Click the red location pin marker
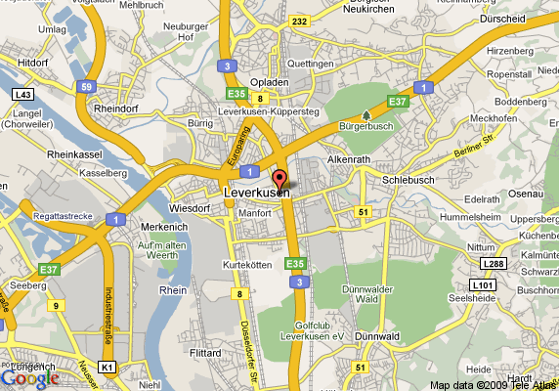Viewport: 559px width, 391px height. pos(279,179)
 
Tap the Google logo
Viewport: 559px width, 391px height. pos(29,378)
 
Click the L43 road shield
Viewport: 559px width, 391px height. pos(22,94)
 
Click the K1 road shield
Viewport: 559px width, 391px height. pos(107,367)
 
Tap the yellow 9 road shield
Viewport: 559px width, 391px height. pos(57,306)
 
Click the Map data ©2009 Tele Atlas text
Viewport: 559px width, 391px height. pos(493,384)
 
